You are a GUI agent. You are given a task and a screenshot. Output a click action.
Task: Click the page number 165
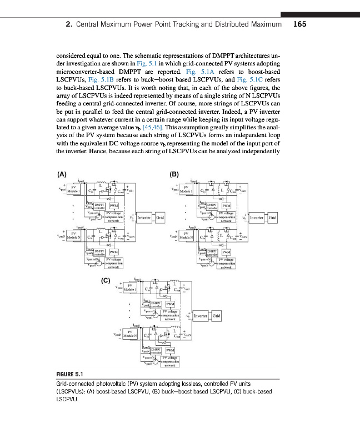299,24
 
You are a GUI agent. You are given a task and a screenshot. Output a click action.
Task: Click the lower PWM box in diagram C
170,351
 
